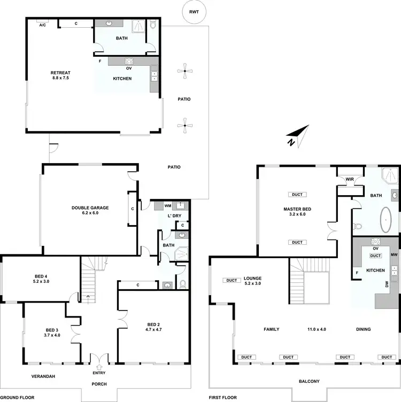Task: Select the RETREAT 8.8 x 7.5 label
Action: coord(60,75)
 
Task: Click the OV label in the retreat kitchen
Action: coord(128,68)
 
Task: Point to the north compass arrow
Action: coord(297,135)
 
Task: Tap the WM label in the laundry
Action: coord(167,205)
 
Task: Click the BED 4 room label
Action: coord(41,279)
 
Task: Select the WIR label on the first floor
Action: coord(350,179)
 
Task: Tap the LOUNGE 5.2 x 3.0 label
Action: coord(253,281)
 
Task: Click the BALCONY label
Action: coord(310,381)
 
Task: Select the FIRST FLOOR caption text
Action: coord(223,398)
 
